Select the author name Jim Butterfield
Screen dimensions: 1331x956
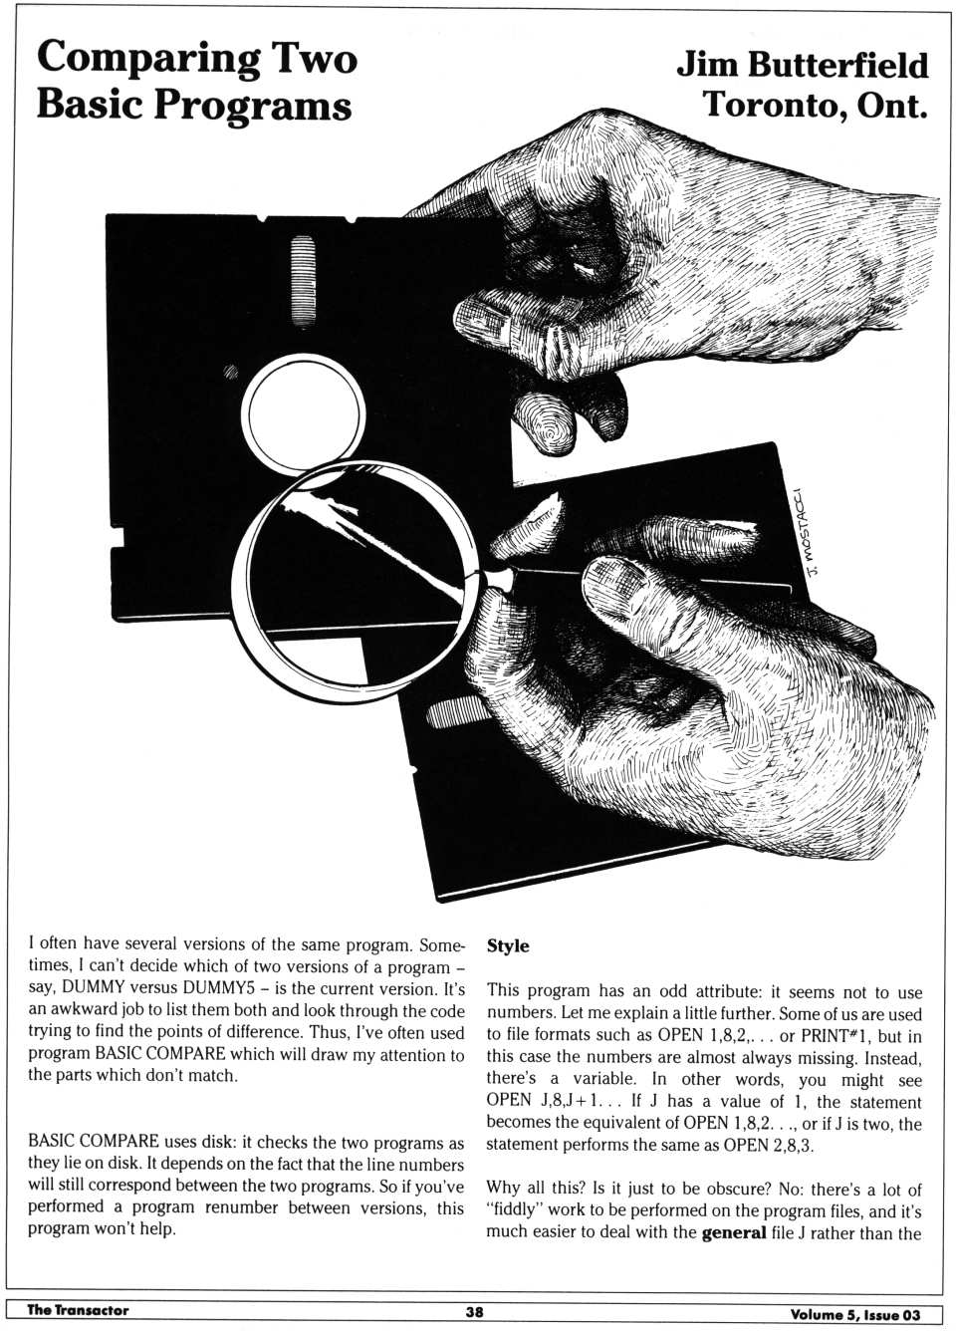tap(802, 65)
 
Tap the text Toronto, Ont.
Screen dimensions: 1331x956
tap(815, 104)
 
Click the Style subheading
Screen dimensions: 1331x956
tap(508, 945)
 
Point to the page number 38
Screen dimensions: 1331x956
tap(475, 1312)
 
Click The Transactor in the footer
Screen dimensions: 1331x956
tap(78, 1310)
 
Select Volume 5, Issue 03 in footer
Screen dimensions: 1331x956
tap(855, 1314)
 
